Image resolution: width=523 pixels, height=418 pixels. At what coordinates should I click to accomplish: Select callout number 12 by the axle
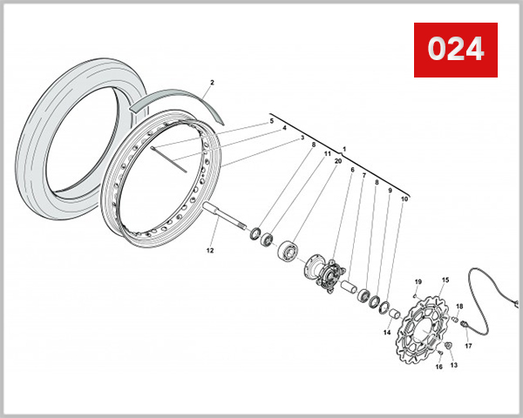pyautogui.click(x=209, y=250)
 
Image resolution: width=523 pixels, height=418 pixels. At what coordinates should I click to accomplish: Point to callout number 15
pyautogui.click(x=445, y=280)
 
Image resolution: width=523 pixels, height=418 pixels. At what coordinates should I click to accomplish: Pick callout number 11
pyautogui.click(x=327, y=154)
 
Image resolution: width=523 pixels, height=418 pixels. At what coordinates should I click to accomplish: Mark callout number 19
pyautogui.click(x=418, y=282)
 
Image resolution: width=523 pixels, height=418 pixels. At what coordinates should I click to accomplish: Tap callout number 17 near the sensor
pyautogui.click(x=468, y=346)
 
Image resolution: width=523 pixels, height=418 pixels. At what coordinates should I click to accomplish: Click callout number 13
pyautogui.click(x=453, y=366)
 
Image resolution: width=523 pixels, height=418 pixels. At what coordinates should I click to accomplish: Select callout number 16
pyautogui.click(x=438, y=367)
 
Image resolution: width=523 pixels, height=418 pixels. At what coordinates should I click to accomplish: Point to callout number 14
pyautogui.click(x=386, y=332)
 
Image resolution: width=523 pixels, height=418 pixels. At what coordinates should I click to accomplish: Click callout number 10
pyautogui.click(x=404, y=199)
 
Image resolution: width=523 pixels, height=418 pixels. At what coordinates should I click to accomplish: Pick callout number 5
pyautogui.click(x=272, y=120)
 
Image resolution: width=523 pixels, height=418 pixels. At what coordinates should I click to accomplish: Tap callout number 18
pyautogui.click(x=459, y=306)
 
